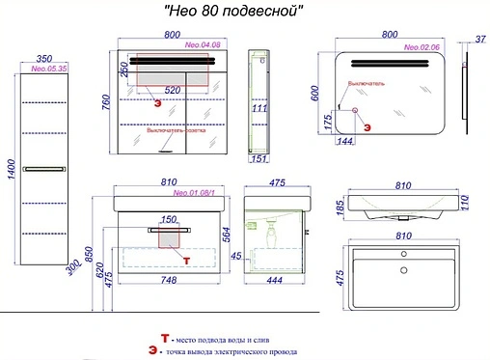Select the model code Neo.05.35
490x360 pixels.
48,69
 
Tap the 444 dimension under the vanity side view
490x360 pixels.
274,281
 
